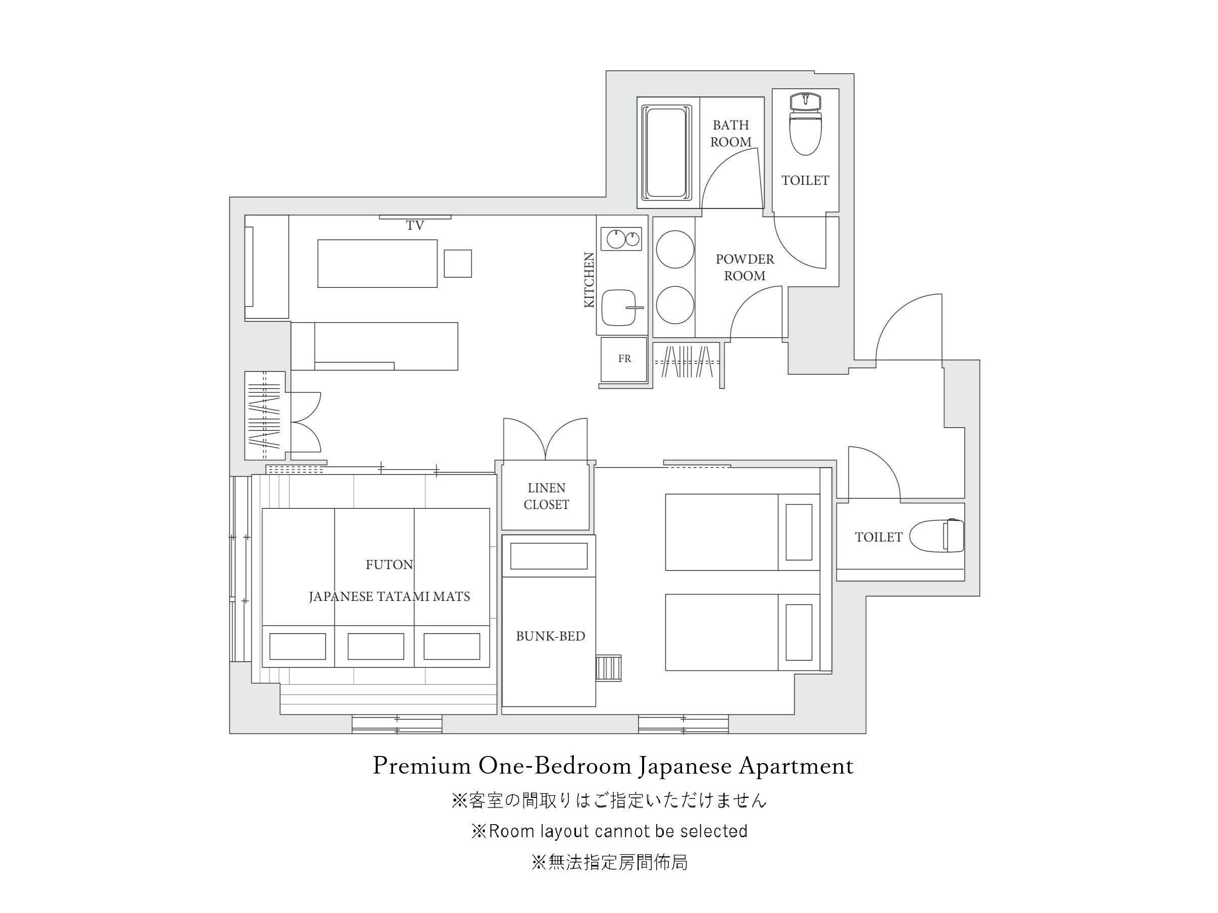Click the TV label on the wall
pos(415,225)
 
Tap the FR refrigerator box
pos(624,360)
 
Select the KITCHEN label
pos(589,280)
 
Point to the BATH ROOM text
pos(730,134)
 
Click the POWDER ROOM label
pos(745,268)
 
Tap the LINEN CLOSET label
pos(546,496)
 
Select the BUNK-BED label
pos(550,636)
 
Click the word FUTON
pos(389,565)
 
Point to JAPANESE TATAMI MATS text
pos(389,596)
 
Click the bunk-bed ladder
pos(608,668)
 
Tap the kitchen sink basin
pos(619,308)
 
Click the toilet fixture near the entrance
pos(937,535)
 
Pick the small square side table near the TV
pos(458,264)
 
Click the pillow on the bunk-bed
pos(549,556)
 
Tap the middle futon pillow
pos(375,646)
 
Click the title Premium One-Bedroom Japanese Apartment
pos(613,766)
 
